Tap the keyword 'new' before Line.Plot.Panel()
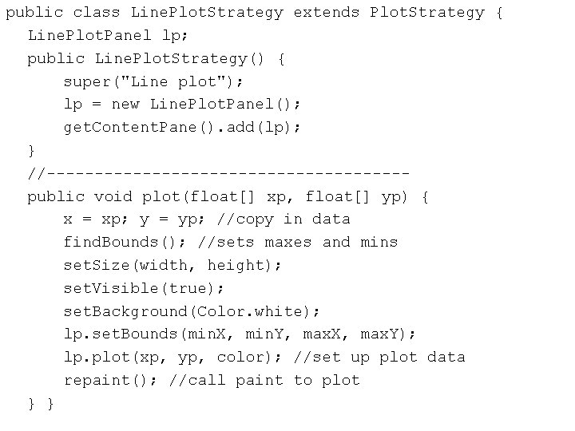(125, 105)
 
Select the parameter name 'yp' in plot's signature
(391, 196)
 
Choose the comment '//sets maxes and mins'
(297, 242)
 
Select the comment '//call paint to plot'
(264, 380)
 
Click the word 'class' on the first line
(96, 13)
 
